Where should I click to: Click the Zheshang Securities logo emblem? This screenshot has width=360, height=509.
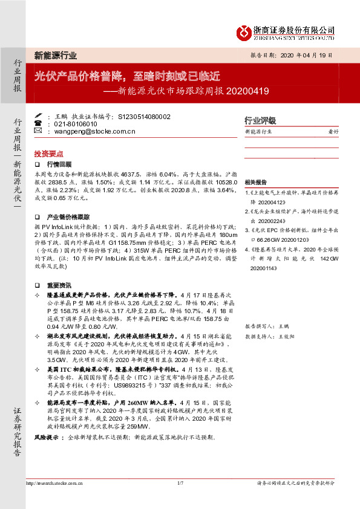click(244, 32)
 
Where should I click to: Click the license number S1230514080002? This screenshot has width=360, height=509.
click(145, 116)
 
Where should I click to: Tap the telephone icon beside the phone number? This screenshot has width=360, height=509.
click(38, 123)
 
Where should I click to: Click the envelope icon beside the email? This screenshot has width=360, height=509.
click(38, 131)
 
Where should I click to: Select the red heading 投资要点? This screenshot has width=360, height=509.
click(48, 154)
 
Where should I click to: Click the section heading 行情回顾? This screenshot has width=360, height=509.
click(59, 164)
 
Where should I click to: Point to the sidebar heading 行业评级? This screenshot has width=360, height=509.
click(260, 120)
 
